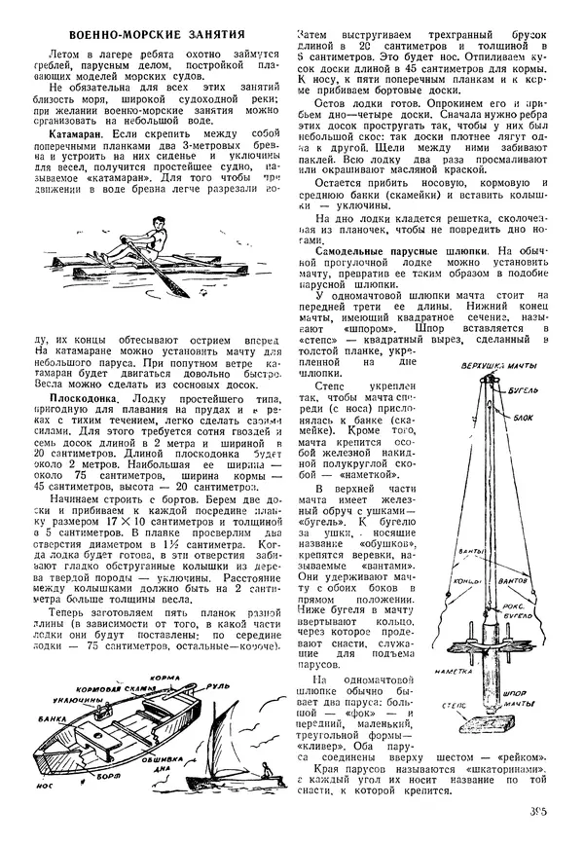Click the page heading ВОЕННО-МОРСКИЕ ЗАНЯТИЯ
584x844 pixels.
149,32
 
